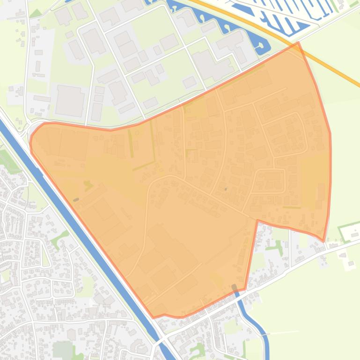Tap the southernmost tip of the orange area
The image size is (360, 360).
point(154,317)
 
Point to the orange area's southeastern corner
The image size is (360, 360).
point(323,240)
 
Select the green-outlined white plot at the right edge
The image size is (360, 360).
point(348,232)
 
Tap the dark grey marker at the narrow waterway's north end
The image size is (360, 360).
point(235,287)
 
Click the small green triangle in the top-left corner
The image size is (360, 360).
point(36,13)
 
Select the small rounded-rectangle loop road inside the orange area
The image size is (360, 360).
point(270,181)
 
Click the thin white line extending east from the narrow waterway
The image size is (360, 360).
point(283,332)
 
